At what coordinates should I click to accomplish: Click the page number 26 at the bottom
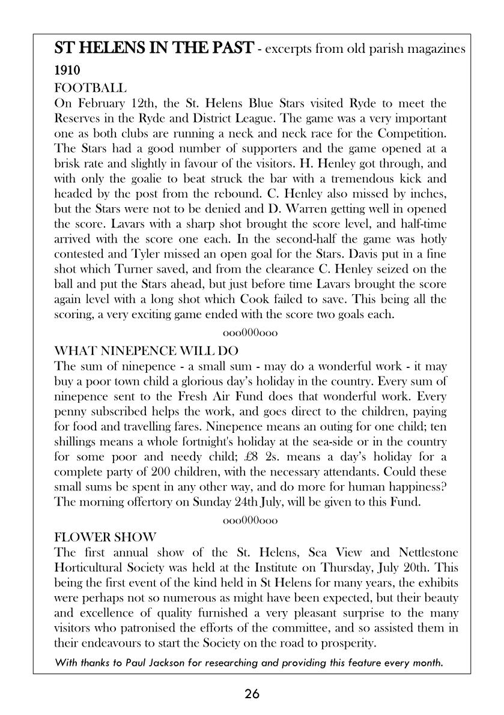[252, 695]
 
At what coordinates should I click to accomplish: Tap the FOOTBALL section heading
[90, 88]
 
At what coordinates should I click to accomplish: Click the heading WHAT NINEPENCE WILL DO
[146, 350]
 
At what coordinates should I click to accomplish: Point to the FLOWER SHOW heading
[105, 536]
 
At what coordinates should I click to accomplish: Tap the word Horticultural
[92, 567]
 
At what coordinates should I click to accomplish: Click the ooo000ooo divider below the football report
[250, 332]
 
